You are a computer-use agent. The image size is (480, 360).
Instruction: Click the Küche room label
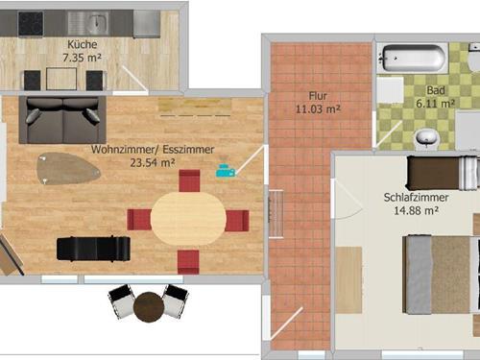click(82, 45)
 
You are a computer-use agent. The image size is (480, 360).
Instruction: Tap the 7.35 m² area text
click(82, 58)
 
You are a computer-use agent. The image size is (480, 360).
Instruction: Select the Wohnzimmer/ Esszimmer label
click(132, 150)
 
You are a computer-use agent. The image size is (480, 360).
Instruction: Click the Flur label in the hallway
click(318, 96)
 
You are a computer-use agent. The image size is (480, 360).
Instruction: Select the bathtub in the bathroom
click(412, 59)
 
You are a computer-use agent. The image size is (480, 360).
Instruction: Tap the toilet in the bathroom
click(425, 139)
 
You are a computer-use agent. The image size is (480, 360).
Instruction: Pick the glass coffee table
click(67, 168)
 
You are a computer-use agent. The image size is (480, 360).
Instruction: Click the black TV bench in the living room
click(93, 248)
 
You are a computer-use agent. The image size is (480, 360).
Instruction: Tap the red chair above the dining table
click(189, 180)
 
